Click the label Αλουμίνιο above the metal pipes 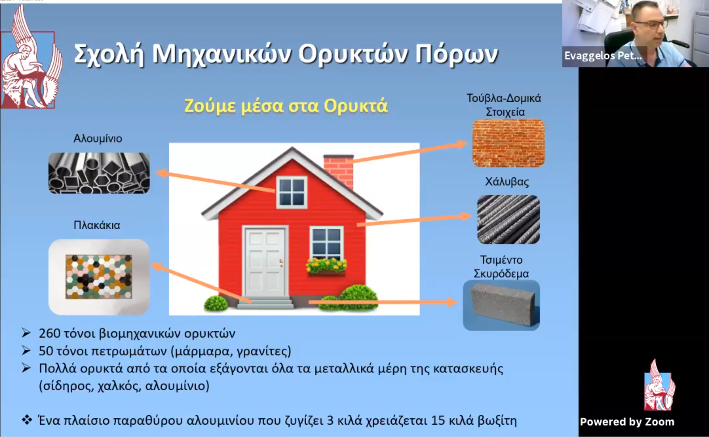[98, 138]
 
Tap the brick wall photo [508, 143]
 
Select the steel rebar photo [508, 219]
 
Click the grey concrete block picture [501, 305]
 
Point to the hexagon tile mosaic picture [99, 277]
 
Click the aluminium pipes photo [99, 173]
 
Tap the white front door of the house [265, 262]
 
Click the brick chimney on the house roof [339, 171]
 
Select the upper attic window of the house [291, 192]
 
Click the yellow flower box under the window [326, 266]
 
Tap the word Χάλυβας [507, 182]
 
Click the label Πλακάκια [97, 225]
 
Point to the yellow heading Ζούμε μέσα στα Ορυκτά [286, 106]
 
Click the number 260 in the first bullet [49, 333]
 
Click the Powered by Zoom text [627, 422]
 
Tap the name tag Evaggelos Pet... [603, 56]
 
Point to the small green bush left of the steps [216, 303]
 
